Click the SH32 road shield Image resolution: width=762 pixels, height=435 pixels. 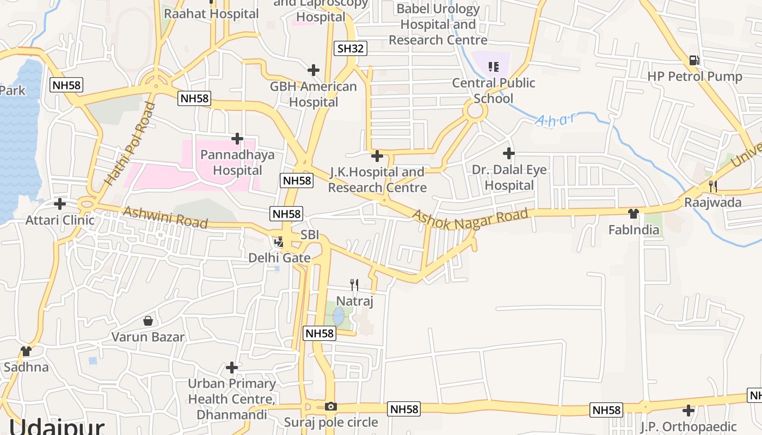[350, 48]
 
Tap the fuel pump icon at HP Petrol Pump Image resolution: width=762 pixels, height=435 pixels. [694, 60]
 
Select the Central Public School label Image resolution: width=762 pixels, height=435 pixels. [494, 91]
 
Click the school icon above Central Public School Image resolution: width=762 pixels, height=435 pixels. [493, 67]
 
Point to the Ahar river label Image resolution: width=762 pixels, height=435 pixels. [555, 120]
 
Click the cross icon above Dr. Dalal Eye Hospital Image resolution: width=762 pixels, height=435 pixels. [509, 153]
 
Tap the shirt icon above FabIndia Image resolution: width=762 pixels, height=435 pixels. [633, 213]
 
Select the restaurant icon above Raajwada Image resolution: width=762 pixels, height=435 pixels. [712, 187]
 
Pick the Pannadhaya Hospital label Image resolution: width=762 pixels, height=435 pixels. [237, 163]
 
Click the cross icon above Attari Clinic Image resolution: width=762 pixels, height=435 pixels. [60, 204]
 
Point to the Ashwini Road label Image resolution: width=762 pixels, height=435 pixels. [165, 217]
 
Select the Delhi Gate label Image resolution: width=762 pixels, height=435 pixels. [279, 258]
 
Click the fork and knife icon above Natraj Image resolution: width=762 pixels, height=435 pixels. [354, 284]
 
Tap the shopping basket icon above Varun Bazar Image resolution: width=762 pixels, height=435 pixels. [148, 321]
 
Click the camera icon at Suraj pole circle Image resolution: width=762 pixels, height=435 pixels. [330, 406]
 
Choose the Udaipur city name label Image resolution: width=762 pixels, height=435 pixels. [57, 427]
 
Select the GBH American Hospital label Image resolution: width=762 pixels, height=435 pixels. [314, 94]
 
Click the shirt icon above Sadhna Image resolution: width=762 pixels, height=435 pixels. [26, 351]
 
